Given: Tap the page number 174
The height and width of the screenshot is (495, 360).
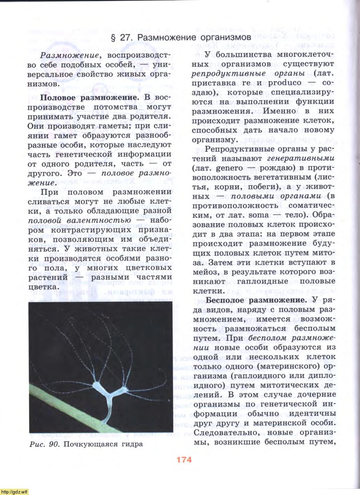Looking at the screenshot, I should tap(184, 460).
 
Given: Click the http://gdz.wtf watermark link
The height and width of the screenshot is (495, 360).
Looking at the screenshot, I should tap(14, 492).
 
